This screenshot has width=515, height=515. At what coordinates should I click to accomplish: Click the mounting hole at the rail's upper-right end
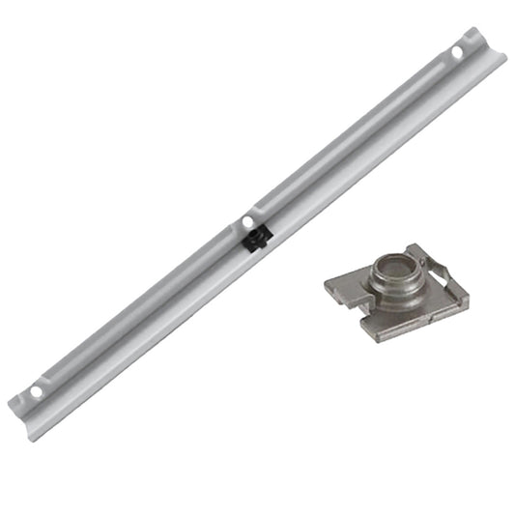[457, 50]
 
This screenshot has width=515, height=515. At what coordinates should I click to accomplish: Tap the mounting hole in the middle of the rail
[248, 222]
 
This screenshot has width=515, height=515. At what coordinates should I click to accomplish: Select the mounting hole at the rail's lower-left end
[37, 391]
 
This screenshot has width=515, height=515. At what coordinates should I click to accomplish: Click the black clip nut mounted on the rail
[255, 238]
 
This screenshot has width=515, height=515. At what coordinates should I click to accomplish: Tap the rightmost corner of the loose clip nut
[468, 301]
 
